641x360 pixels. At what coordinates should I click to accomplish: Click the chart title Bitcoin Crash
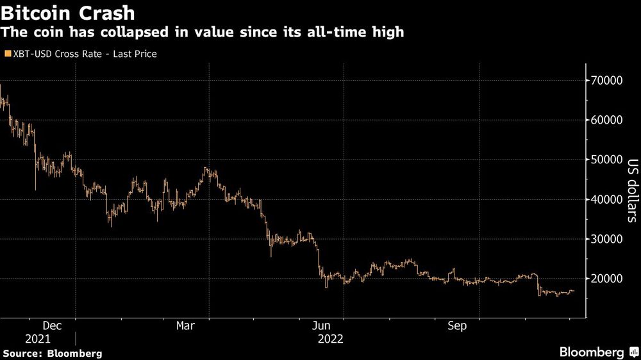[x=69, y=13]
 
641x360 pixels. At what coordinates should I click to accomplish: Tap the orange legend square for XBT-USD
[x=7, y=54]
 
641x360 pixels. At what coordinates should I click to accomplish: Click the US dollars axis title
[x=632, y=190]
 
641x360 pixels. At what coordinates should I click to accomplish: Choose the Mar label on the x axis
[x=185, y=326]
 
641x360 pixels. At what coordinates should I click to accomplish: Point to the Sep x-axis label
[x=456, y=326]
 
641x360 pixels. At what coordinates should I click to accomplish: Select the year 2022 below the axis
[x=331, y=339]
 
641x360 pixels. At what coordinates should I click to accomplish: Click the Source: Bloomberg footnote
[x=52, y=353]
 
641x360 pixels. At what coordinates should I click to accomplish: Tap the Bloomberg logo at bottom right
[x=597, y=352]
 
